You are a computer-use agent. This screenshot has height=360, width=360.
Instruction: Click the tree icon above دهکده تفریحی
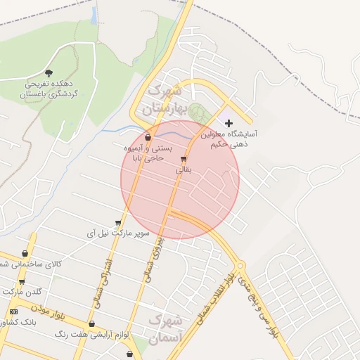click(x=49, y=72)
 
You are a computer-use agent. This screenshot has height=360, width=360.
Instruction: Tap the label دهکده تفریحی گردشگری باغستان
click(x=48, y=88)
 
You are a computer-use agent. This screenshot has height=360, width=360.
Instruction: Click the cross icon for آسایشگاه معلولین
click(x=228, y=122)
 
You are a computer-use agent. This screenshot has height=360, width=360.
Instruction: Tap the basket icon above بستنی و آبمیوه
click(x=148, y=137)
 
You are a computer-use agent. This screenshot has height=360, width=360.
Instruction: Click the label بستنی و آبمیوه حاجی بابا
click(x=141, y=154)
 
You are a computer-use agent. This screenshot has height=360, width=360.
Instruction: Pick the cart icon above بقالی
click(x=184, y=159)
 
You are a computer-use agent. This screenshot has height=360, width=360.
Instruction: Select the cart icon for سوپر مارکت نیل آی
click(x=118, y=223)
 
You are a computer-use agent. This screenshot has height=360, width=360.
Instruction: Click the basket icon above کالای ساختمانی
click(x=25, y=254)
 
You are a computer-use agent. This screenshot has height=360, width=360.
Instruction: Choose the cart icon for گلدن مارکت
click(x=22, y=282)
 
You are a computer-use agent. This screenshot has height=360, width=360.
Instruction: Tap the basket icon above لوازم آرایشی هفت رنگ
click(x=92, y=324)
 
